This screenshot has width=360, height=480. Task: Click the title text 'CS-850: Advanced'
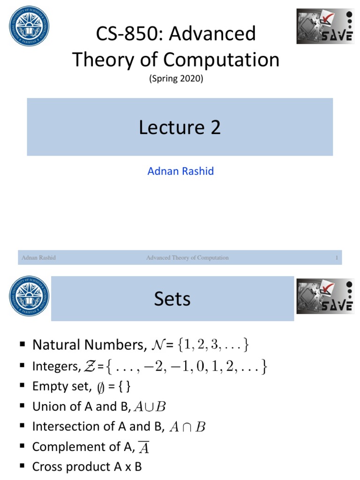[175, 34]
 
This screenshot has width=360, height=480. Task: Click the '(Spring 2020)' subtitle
[176, 79]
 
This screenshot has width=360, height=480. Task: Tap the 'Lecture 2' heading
[180, 127]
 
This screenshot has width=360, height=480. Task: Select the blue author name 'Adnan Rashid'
[180, 171]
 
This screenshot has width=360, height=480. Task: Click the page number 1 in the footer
[337, 258]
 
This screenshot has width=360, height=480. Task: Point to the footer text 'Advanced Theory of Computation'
[187, 258]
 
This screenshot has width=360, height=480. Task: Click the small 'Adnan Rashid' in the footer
[38, 258]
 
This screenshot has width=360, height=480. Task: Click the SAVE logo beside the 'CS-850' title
[325, 26]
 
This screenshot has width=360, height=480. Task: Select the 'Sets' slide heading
[172, 299]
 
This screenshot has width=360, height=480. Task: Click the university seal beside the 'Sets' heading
[29, 296]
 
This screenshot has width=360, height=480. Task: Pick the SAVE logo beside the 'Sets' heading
[325, 296]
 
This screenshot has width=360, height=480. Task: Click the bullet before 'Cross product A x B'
[22, 466]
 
